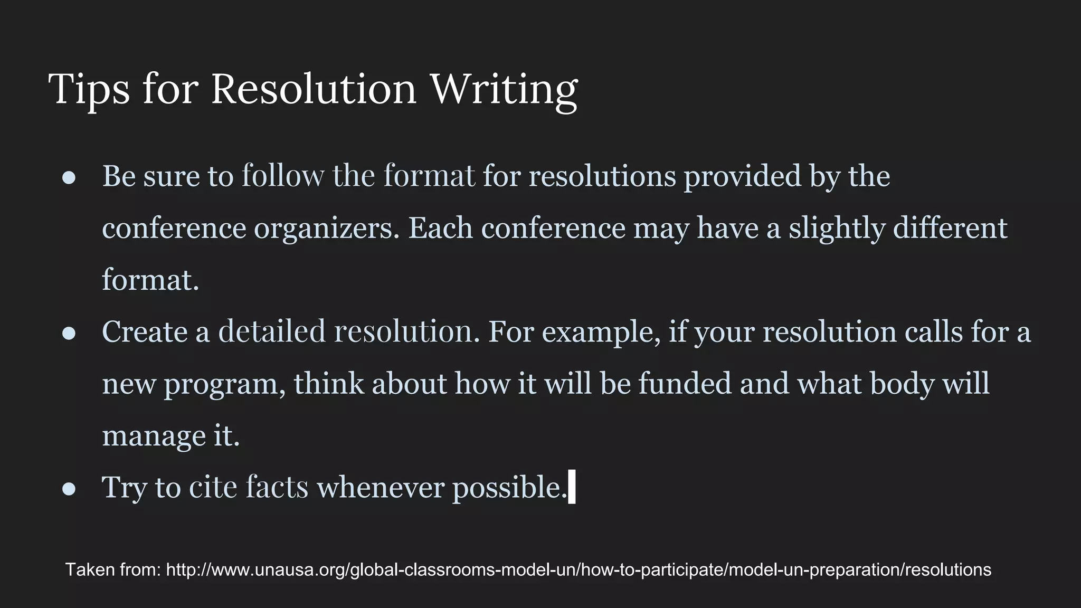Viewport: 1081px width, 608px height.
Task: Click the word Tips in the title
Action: click(89, 89)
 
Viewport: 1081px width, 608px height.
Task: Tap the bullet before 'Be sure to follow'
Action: click(69, 178)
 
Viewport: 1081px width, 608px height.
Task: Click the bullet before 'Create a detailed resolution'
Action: click(69, 334)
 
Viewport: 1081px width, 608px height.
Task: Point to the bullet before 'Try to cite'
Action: click(69, 489)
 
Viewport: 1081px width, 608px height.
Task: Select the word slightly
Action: click(837, 229)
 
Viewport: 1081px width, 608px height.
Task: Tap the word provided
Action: click(743, 176)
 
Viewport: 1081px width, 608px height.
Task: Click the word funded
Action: click(685, 383)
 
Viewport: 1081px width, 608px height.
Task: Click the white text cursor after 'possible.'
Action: click(572, 487)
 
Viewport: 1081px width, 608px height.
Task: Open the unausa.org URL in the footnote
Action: click(579, 570)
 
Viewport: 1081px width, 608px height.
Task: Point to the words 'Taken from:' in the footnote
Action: click(113, 570)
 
